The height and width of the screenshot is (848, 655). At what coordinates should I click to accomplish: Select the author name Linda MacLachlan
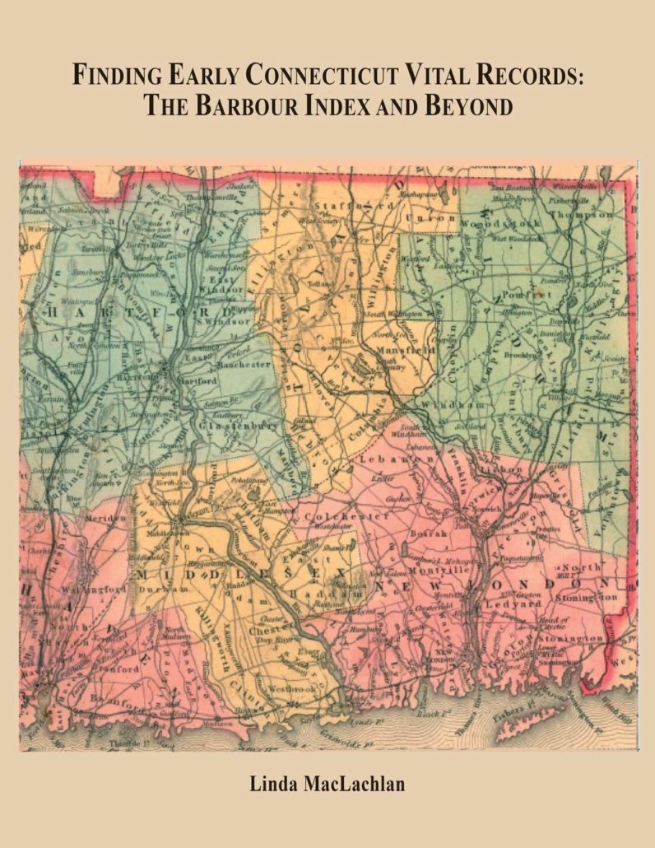327,784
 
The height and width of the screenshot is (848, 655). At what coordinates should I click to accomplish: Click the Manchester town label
243,363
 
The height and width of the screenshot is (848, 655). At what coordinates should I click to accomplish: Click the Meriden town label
105,518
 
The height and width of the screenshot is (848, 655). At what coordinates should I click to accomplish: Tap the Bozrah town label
433,533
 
